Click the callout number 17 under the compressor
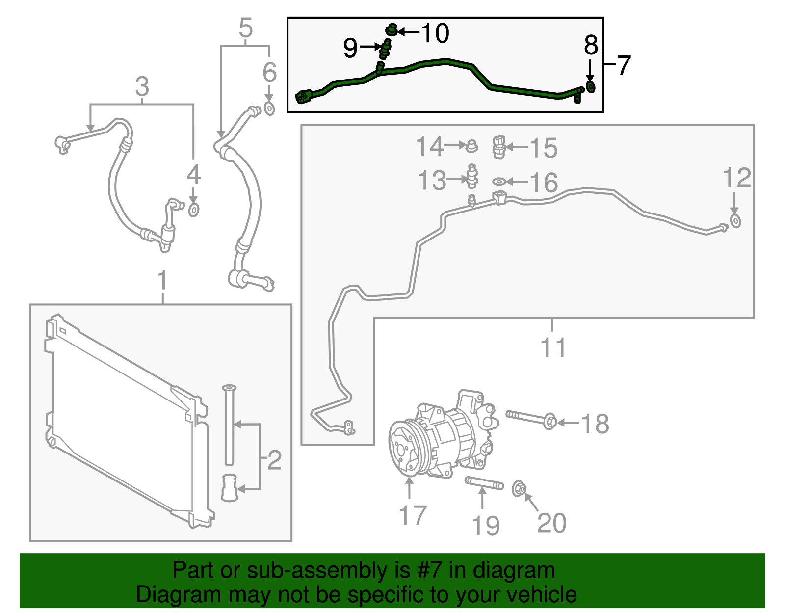tap(413, 516)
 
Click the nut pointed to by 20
tap(519, 489)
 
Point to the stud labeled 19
tap(484, 483)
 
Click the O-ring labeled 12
tap(735, 221)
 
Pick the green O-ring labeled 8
tap(591, 87)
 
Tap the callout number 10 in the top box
tap(435, 33)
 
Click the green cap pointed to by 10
tap(391, 30)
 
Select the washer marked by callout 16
tap(498, 182)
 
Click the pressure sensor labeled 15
tap(499, 147)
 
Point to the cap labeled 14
tap(472, 146)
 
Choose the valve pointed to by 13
tap(472, 176)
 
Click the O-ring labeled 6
tap(269, 108)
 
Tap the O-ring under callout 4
tap(194, 210)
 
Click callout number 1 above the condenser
tap(162, 281)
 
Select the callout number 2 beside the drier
tap(274, 460)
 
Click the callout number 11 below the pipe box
tap(553, 348)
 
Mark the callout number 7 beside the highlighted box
tap(623, 65)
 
